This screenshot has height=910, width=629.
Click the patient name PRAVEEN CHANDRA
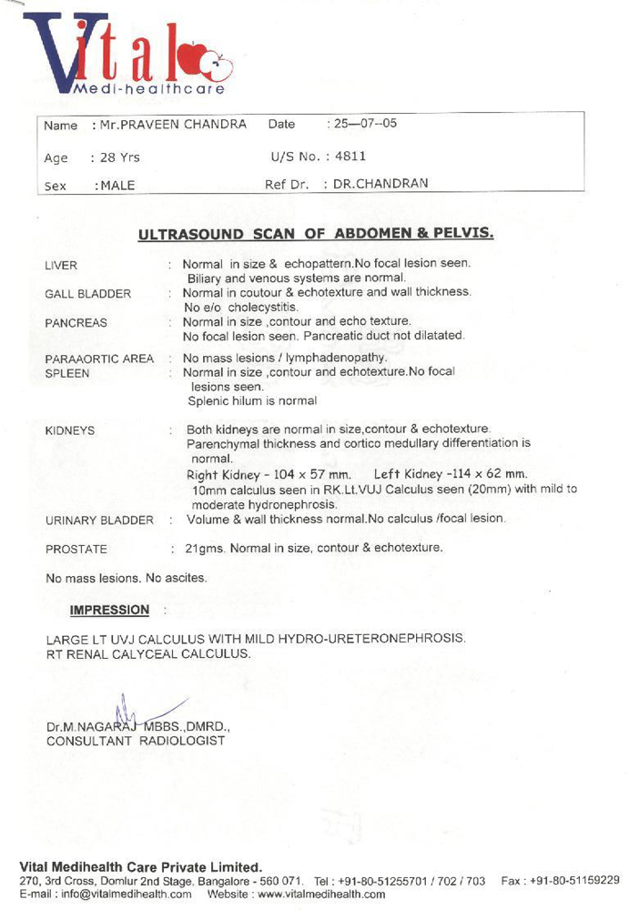pyautogui.click(x=174, y=125)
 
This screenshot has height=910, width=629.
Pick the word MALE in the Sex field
pyautogui.click(x=117, y=186)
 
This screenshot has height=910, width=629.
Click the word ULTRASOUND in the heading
pyautogui.click(x=192, y=235)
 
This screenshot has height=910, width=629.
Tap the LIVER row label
pyautogui.click(x=61, y=266)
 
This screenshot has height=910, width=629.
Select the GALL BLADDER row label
pyautogui.click(x=87, y=294)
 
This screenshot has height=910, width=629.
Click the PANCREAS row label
pyautogui.click(x=76, y=323)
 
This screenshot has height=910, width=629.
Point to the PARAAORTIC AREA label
pyautogui.click(x=99, y=359)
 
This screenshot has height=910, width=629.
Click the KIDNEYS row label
pyautogui.click(x=70, y=430)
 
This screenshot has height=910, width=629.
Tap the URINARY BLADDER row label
pyautogui.click(x=99, y=521)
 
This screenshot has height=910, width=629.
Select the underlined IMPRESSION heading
pyautogui.click(x=109, y=610)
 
